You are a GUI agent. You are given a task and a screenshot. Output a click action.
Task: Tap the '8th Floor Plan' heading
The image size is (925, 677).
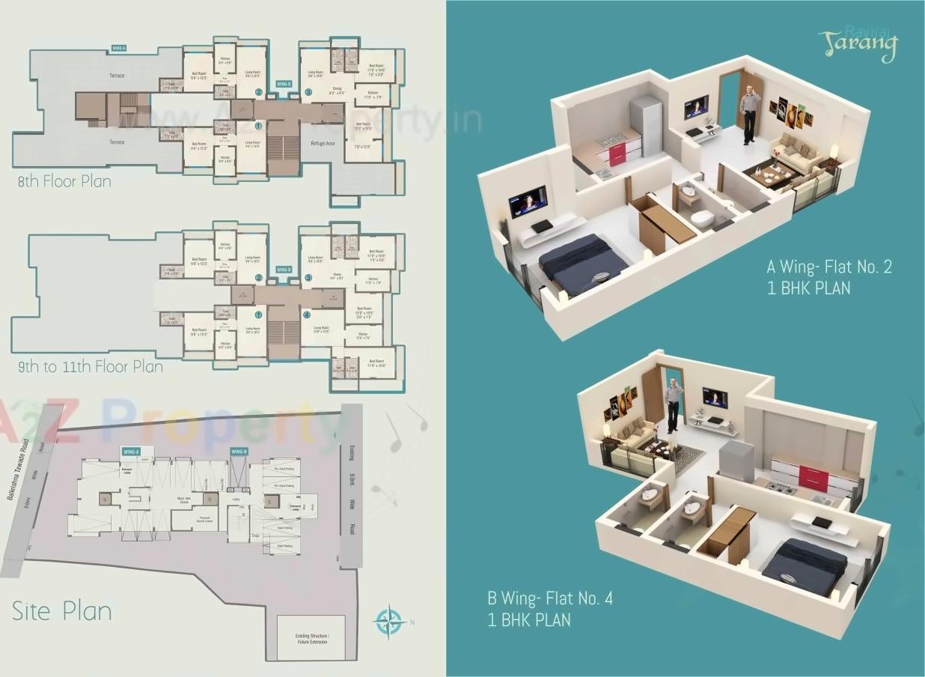click(x=64, y=181)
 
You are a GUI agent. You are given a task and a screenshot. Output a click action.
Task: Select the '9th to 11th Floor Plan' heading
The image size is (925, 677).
click(x=91, y=367)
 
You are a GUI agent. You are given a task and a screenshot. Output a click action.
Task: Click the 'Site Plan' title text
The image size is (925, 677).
click(x=61, y=611)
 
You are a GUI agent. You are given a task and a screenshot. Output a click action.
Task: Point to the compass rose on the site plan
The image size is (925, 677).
click(x=388, y=621)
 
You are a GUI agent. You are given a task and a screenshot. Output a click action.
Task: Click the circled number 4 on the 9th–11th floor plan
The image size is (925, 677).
click(x=306, y=315)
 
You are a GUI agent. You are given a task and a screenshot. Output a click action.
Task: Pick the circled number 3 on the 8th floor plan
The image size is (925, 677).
click(x=308, y=93)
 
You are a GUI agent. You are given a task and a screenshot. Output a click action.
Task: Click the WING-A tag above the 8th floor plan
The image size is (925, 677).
click(x=118, y=48)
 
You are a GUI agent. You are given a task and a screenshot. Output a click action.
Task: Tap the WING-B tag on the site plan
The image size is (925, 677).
click(x=239, y=452)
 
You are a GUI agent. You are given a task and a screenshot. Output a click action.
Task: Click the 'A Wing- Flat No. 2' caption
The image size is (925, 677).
click(x=829, y=267)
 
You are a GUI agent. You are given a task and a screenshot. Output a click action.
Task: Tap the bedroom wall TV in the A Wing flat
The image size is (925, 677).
click(x=528, y=201)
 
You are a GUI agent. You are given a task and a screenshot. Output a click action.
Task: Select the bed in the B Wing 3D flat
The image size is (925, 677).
click(x=805, y=565)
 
